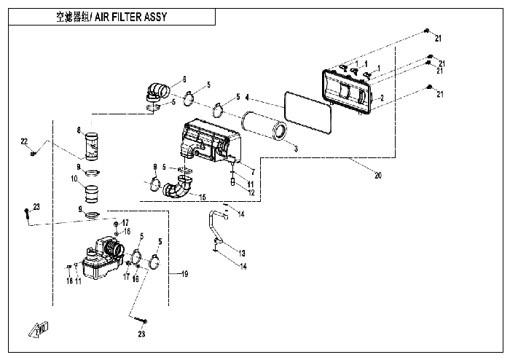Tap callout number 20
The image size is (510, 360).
pos(378,176)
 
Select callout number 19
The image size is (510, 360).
pos(184,274)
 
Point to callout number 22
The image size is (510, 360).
pos(23,141)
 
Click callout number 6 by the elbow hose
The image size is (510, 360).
pos(184,79)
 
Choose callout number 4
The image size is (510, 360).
pos(248,97)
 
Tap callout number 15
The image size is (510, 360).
pos(203,197)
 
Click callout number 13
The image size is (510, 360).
pos(243,252)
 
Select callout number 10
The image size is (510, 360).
pos(74,179)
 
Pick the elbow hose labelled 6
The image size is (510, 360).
pos(157,92)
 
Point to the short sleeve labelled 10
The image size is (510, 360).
pos(92,195)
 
